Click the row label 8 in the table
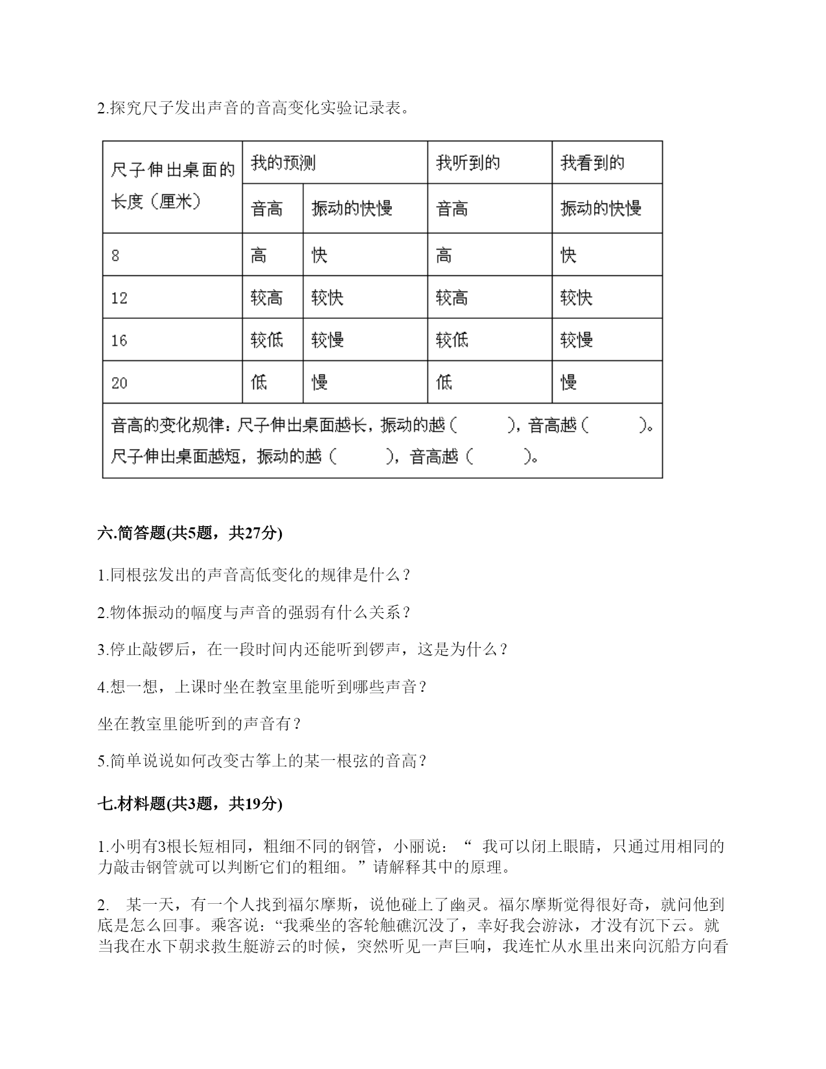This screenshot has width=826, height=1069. pos(115,255)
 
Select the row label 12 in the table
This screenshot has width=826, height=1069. pos(119,298)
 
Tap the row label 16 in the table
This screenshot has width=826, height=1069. pos(119,340)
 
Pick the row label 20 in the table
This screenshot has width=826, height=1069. pos(119,383)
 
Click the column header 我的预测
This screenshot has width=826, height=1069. pos(283,163)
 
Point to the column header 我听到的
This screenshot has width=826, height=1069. pos(468,163)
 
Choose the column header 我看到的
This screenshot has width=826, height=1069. pos(592,163)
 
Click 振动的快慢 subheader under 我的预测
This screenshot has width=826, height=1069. pos(352,209)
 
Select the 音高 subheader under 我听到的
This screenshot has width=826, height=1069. pos(452,209)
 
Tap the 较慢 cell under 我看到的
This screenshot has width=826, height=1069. pos(577,340)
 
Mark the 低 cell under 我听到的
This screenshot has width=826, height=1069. pos(444,383)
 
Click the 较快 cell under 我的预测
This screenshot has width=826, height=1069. pos(327,298)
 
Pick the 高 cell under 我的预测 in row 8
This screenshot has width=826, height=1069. pos(258,255)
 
